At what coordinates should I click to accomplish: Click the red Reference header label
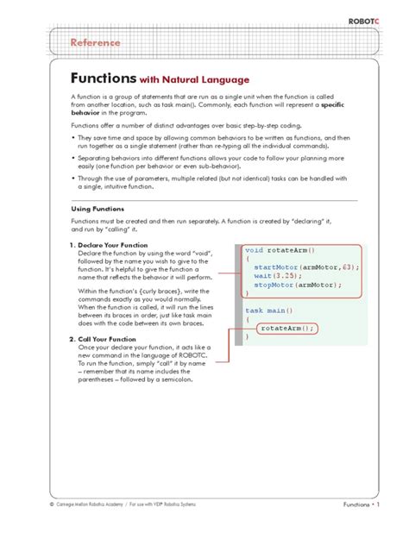[x=95, y=42]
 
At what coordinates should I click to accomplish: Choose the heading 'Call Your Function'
[x=113, y=339]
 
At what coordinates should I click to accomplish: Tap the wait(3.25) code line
[x=276, y=276]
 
